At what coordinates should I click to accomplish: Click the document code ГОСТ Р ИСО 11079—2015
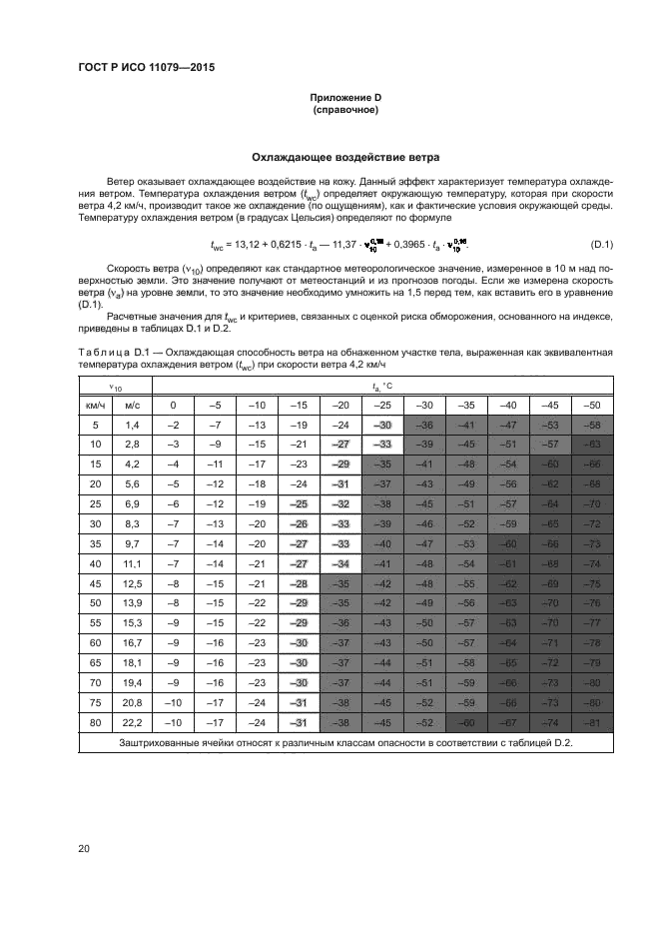[x=146, y=68]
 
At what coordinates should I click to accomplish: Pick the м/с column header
[x=131, y=405]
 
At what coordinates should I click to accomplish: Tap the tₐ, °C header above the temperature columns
[x=382, y=387]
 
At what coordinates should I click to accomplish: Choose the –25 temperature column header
[x=382, y=405]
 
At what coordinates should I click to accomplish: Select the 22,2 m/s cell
[x=131, y=722]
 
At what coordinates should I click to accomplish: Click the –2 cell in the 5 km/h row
[x=174, y=426]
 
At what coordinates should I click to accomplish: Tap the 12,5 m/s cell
[x=131, y=583]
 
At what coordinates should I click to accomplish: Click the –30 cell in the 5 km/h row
[x=382, y=426]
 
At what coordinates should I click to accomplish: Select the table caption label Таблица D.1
[x=108, y=353]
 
